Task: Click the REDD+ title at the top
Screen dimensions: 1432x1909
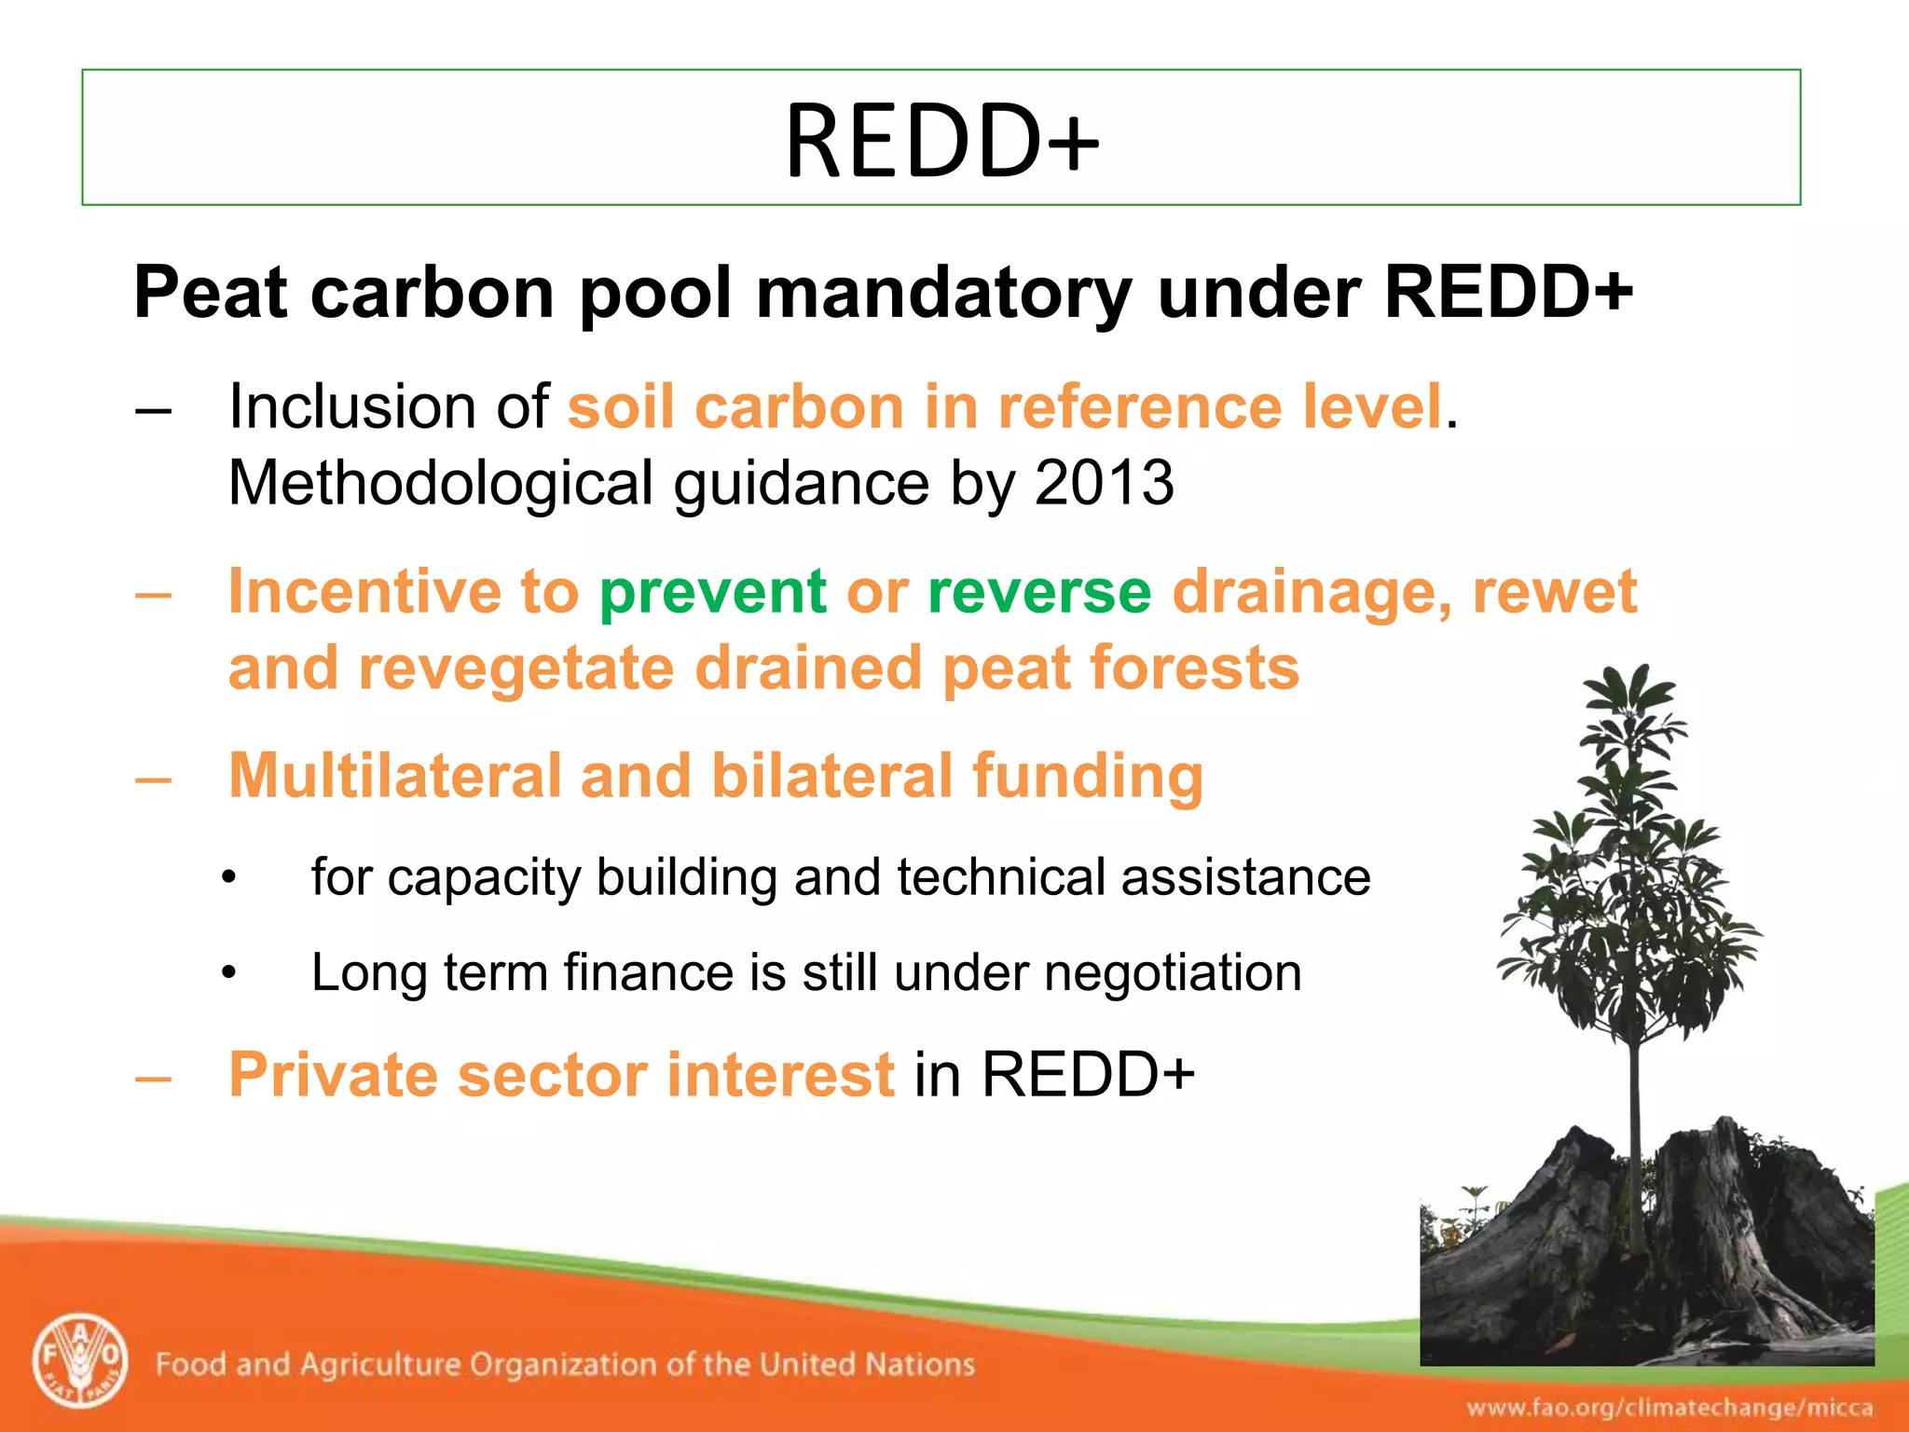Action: coord(941,140)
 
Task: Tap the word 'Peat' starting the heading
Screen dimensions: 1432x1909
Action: coord(211,294)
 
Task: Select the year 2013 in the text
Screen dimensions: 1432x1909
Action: coord(1104,483)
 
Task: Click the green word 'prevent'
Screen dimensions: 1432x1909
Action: coord(712,592)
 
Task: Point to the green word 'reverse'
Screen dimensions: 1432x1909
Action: coord(1039,594)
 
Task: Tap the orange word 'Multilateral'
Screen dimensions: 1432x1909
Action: coord(393,776)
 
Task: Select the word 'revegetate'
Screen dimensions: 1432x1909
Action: coord(515,669)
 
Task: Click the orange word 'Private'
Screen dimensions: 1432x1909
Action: coord(333,1074)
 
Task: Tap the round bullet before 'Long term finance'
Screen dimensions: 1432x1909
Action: coord(229,973)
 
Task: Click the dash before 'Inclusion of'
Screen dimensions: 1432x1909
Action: coord(153,409)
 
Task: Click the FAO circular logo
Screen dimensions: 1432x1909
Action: coord(80,1362)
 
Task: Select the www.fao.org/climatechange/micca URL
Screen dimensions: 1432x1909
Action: coord(1669,1407)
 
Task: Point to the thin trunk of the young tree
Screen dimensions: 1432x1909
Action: coord(1635,1119)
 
